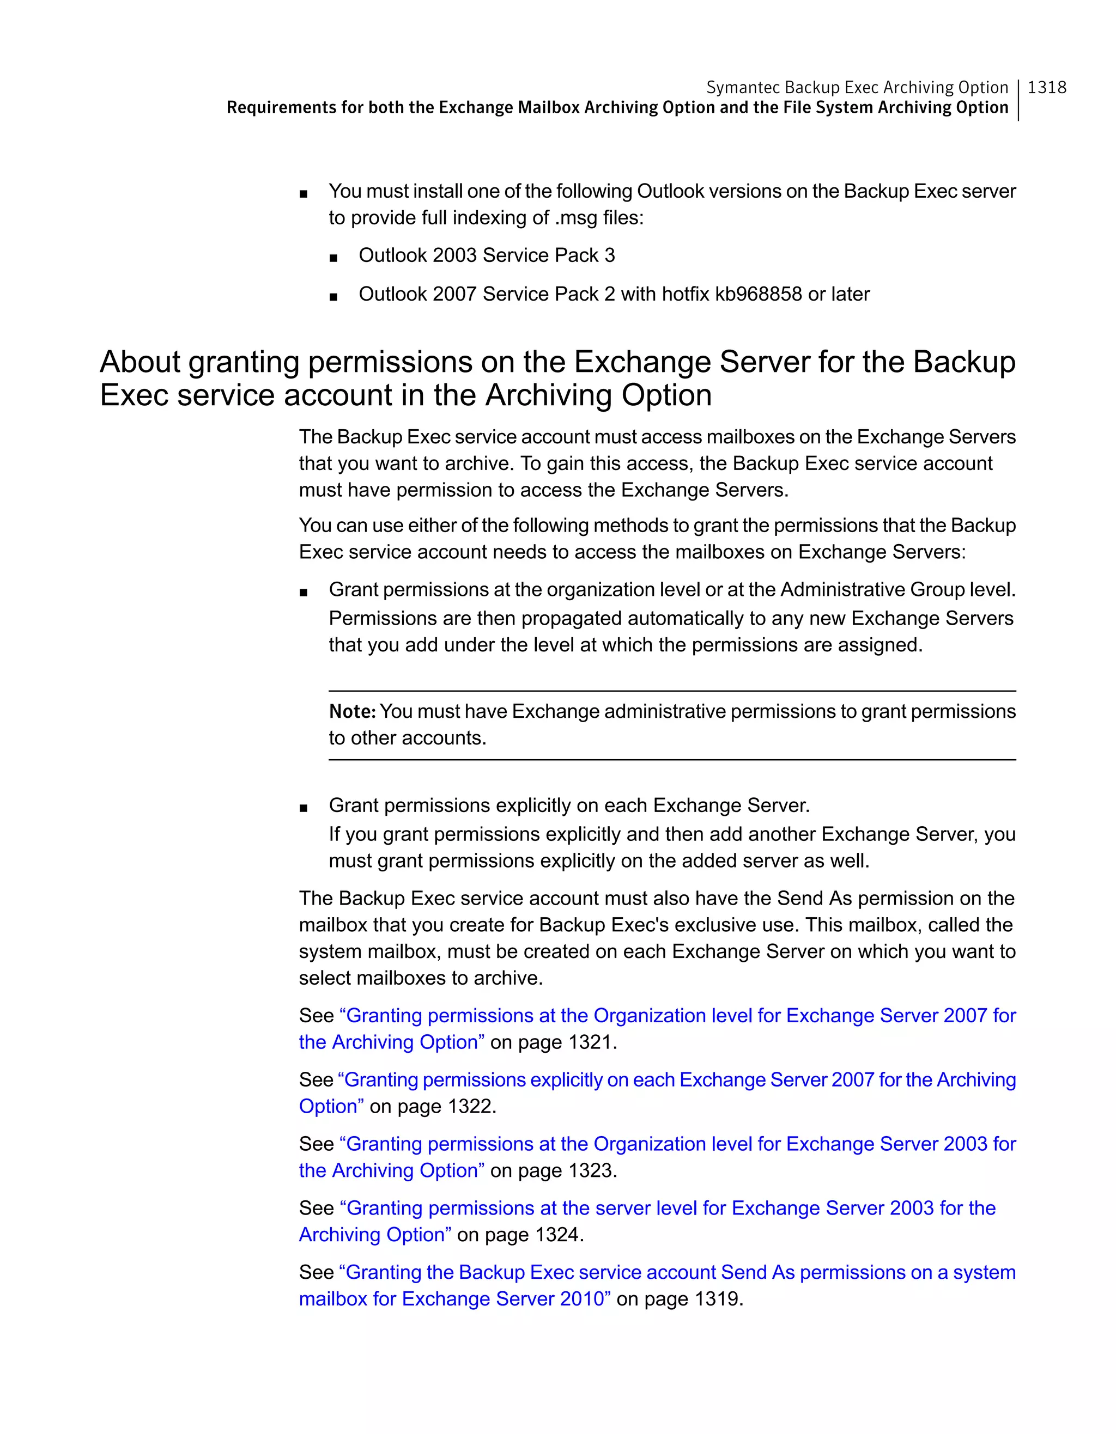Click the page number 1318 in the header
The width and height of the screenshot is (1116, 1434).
tap(1046, 87)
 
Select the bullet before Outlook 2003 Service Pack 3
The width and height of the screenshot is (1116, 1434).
tap(333, 258)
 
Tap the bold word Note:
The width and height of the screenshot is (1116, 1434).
tap(352, 711)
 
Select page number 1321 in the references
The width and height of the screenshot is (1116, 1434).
tap(590, 1042)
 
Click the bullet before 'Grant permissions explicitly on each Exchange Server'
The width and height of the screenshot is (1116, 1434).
tap(303, 808)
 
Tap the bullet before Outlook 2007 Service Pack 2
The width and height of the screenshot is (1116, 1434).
tap(333, 297)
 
